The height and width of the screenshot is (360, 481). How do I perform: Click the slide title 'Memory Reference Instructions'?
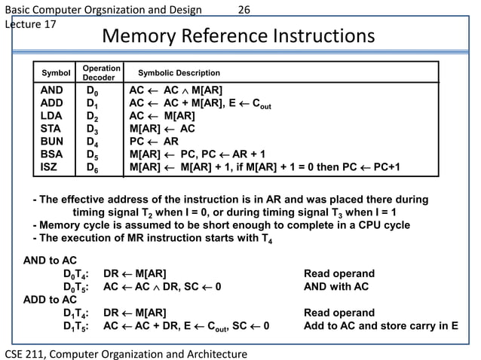pyautogui.click(x=237, y=37)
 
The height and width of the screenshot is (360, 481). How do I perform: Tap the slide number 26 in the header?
pyautogui.click(x=244, y=10)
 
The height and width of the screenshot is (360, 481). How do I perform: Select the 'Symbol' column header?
pyautogui.click(x=55, y=73)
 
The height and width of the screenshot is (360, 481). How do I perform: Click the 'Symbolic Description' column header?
pyautogui.click(x=179, y=73)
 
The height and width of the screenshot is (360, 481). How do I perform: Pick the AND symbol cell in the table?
pyautogui.click(x=52, y=90)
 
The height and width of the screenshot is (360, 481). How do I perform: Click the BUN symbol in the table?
pyautogui.click(x=51, y=141)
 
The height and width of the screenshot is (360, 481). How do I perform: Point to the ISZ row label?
pyautogui.click(x=50, y=166)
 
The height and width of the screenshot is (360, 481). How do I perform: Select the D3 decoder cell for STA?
pyautogui.click(x=92, y=129)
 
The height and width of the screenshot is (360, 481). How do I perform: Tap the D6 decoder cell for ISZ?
pyautogui.click(x=92, y=166)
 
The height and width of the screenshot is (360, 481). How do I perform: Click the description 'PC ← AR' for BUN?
pyautogui.click(x=154, y=141)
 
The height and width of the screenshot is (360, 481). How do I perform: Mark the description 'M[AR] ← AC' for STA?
pyautogui.click(x=162, y=128)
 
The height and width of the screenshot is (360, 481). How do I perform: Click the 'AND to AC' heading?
pyautogui.click(x=50, y=261)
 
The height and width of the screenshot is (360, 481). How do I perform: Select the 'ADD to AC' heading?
pyautogui.click(x=50, y=299)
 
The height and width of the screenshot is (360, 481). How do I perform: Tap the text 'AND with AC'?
pyautogui.click(x=335, y=286)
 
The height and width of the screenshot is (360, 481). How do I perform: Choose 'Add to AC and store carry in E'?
pyautogui.click(x=380, y=325)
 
